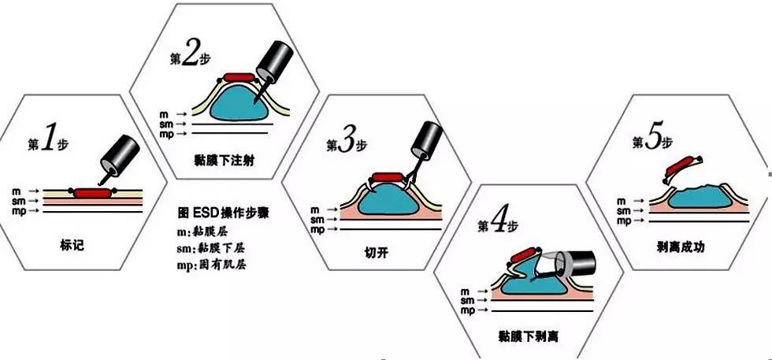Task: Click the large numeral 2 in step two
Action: pos(190,54)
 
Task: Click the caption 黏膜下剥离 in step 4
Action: pos(529,337)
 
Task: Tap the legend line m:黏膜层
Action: pos(204,231)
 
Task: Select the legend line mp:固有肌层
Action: pos(212,265)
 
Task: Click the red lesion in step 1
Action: pos(94,192)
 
